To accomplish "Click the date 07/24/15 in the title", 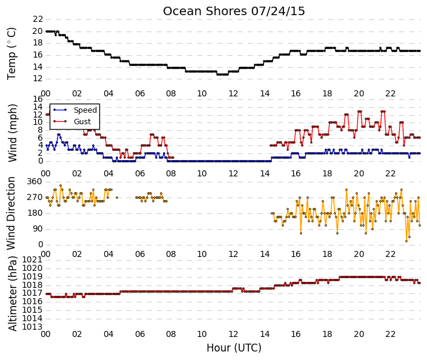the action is pyautogui.click(x=278, y=12).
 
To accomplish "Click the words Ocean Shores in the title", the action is pyautogui.click(x=205, y=12).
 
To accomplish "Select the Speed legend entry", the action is pyautogui.click(x=75, y=110).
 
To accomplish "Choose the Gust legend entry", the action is pyautogui.click(x=72, y=122).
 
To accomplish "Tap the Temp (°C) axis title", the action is pyautogui.click(x=12, y=54).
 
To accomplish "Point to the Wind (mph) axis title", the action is pyautogui.click(x=12, y=133).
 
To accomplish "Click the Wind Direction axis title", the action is pyautogui.click(x=11, y=213).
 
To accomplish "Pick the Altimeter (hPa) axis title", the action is pyautogui.click(x=12, y=293).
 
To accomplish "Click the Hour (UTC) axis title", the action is pyautogui.click(x=234, y=348).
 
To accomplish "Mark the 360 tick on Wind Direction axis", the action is pyautogui.click(x=35, y=182).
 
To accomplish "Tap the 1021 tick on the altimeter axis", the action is pyautogui.click(x=32, y=260).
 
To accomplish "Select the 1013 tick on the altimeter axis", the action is pyautogui.click(x=32, y=327).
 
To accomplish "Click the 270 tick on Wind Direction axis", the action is pyautogui.click(x=35, y=198).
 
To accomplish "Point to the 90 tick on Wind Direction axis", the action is pyautogui.click(x=38, y=229).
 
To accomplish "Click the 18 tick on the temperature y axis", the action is pyautogui.click(x=38, y=43).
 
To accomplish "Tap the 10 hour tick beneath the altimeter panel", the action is pyautogui.click(x=202, y=334).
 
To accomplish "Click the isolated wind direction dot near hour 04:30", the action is pyautogui.click(x=117, y=198).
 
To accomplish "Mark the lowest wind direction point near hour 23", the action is pyautogui.click(x=406, y=241).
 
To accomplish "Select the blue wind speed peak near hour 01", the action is pyautogui.click(x=59, y=135).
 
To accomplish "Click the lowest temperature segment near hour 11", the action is pyautogui.click(x=222, y=75).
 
